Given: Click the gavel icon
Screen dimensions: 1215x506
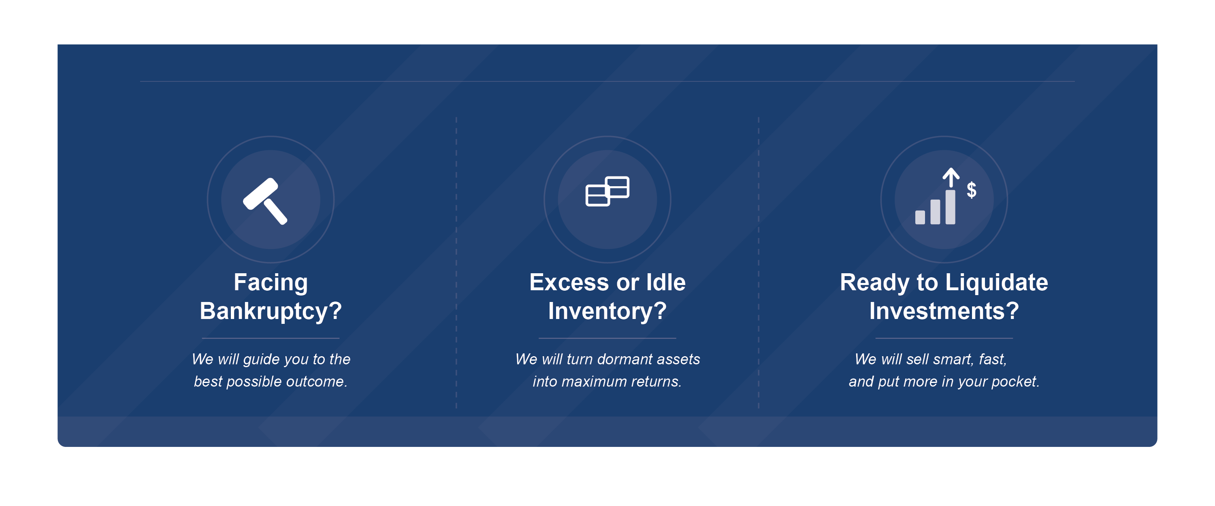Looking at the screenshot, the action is point(265,201).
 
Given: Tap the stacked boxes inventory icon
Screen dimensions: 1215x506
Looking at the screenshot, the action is point(607,191).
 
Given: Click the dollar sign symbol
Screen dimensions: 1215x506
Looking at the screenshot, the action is point(971,189).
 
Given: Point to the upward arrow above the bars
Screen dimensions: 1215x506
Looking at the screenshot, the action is point(951,178).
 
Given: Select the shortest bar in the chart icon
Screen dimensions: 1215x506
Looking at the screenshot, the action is point(920,217).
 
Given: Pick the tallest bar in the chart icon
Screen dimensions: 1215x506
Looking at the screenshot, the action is point(951,207).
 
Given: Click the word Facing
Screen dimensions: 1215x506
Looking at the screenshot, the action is point(271,283).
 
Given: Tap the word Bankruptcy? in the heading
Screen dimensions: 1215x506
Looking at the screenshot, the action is point(271,311).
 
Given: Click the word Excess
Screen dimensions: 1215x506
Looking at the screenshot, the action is point(569,283).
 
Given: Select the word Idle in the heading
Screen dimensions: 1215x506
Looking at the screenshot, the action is point(665,283).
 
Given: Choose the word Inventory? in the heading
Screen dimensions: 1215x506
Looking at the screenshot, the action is point(607,311).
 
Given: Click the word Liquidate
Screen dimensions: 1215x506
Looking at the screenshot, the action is point(997,283).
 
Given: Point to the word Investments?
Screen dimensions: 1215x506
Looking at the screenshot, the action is point(944,311).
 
